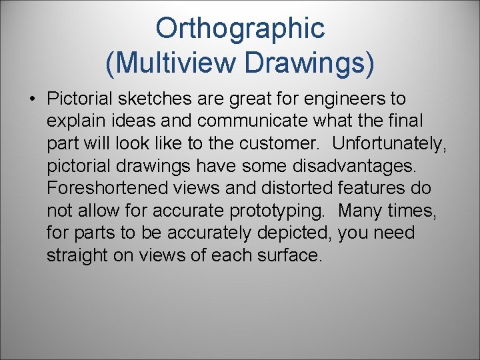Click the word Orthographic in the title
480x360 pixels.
coord(240,29)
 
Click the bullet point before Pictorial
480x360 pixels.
coord(32,99)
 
